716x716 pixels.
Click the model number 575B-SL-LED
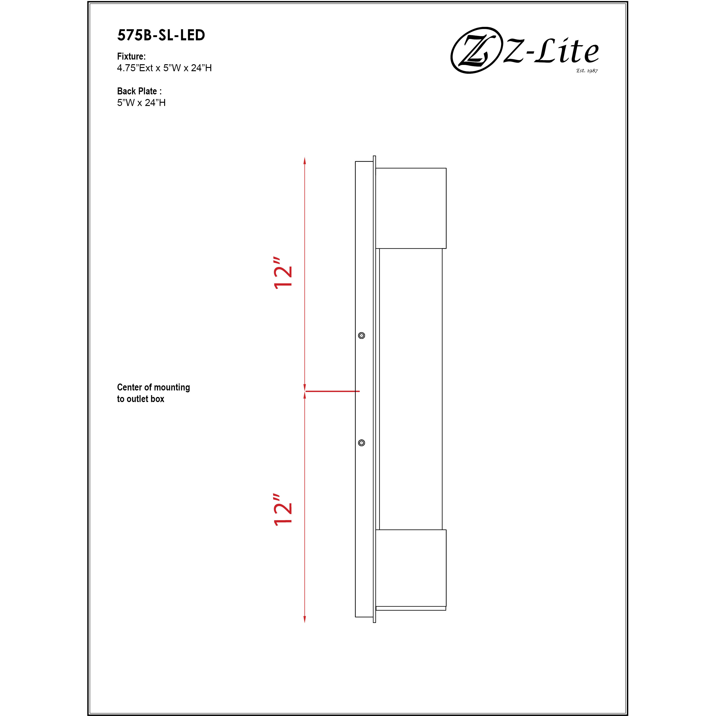click(x=161, y=35)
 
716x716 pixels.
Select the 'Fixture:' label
click(x=131, y=56)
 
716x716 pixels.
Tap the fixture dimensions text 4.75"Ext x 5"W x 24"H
click(x=164, y=68)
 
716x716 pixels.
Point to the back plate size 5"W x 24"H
click(x=141, y=103)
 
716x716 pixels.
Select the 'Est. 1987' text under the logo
click(x=587, y=70)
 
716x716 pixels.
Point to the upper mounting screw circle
click(x=362, y=336)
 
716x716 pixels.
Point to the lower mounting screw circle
click(x=362, y=443)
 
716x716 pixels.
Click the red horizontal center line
click(x=332, y=391)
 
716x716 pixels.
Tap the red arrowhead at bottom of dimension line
click(x=305, y=619)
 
